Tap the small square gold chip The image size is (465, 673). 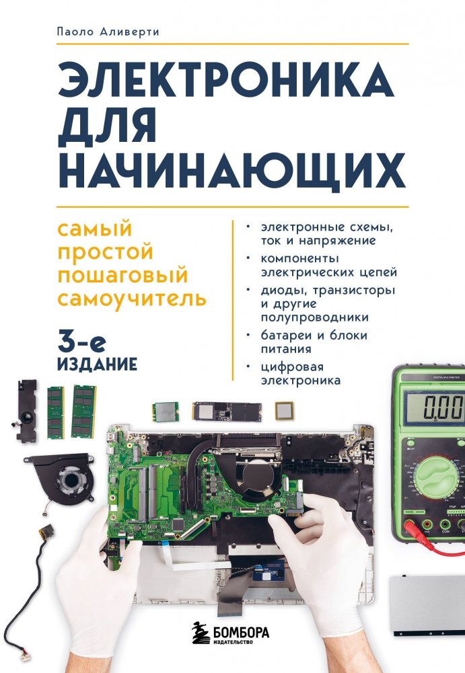284,410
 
